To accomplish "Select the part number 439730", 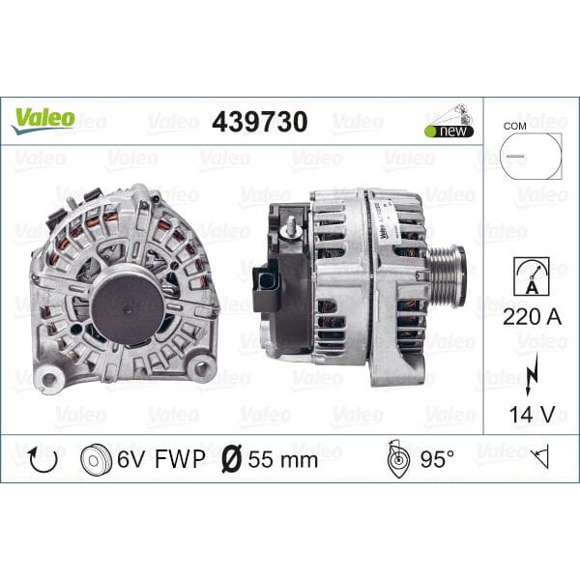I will coord(259,122).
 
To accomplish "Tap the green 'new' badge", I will coord(449,130).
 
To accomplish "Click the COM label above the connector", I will coord(514,126).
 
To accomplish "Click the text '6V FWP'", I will coord(162,459).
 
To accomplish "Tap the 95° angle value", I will coord(437,459).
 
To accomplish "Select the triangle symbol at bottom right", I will coord(540,458).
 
